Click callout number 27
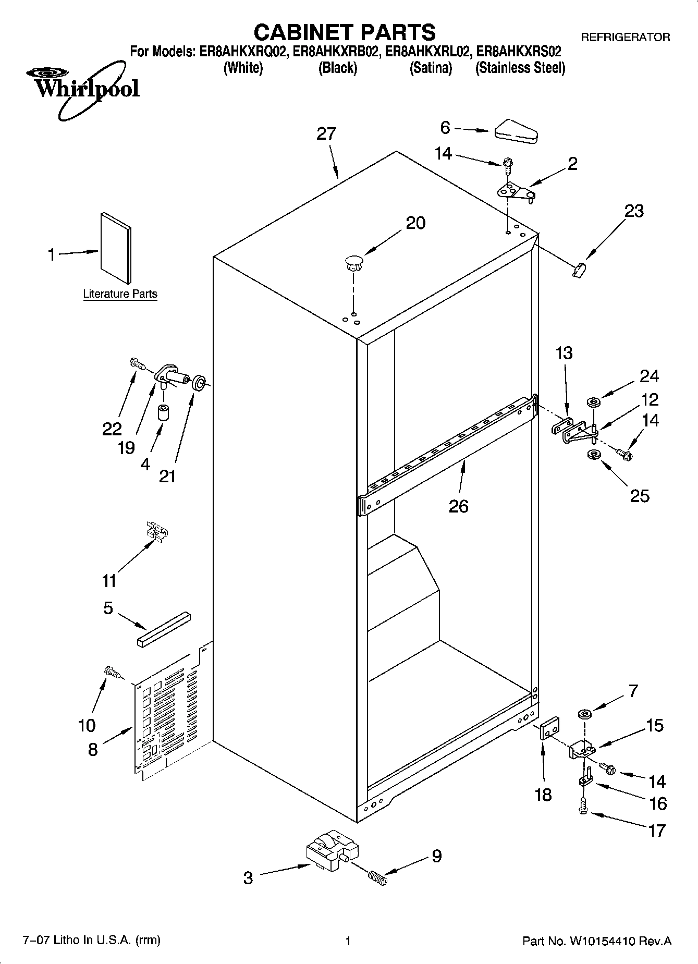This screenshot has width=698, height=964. (x=326, y=134)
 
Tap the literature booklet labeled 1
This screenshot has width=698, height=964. (x=115, y=248)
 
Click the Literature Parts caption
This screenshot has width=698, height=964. (x=120, y=294)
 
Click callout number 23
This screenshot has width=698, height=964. (x=634, y=211)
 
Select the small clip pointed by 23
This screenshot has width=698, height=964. (x=579, y=271)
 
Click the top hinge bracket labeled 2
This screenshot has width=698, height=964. (x=516, y=193)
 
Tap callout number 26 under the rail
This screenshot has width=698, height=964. (x=459, y=506)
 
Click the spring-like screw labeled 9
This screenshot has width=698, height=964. (x=378, y=877)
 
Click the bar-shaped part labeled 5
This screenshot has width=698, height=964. (x=164, y=629)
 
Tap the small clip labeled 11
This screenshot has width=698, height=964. (x=157, y=532)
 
